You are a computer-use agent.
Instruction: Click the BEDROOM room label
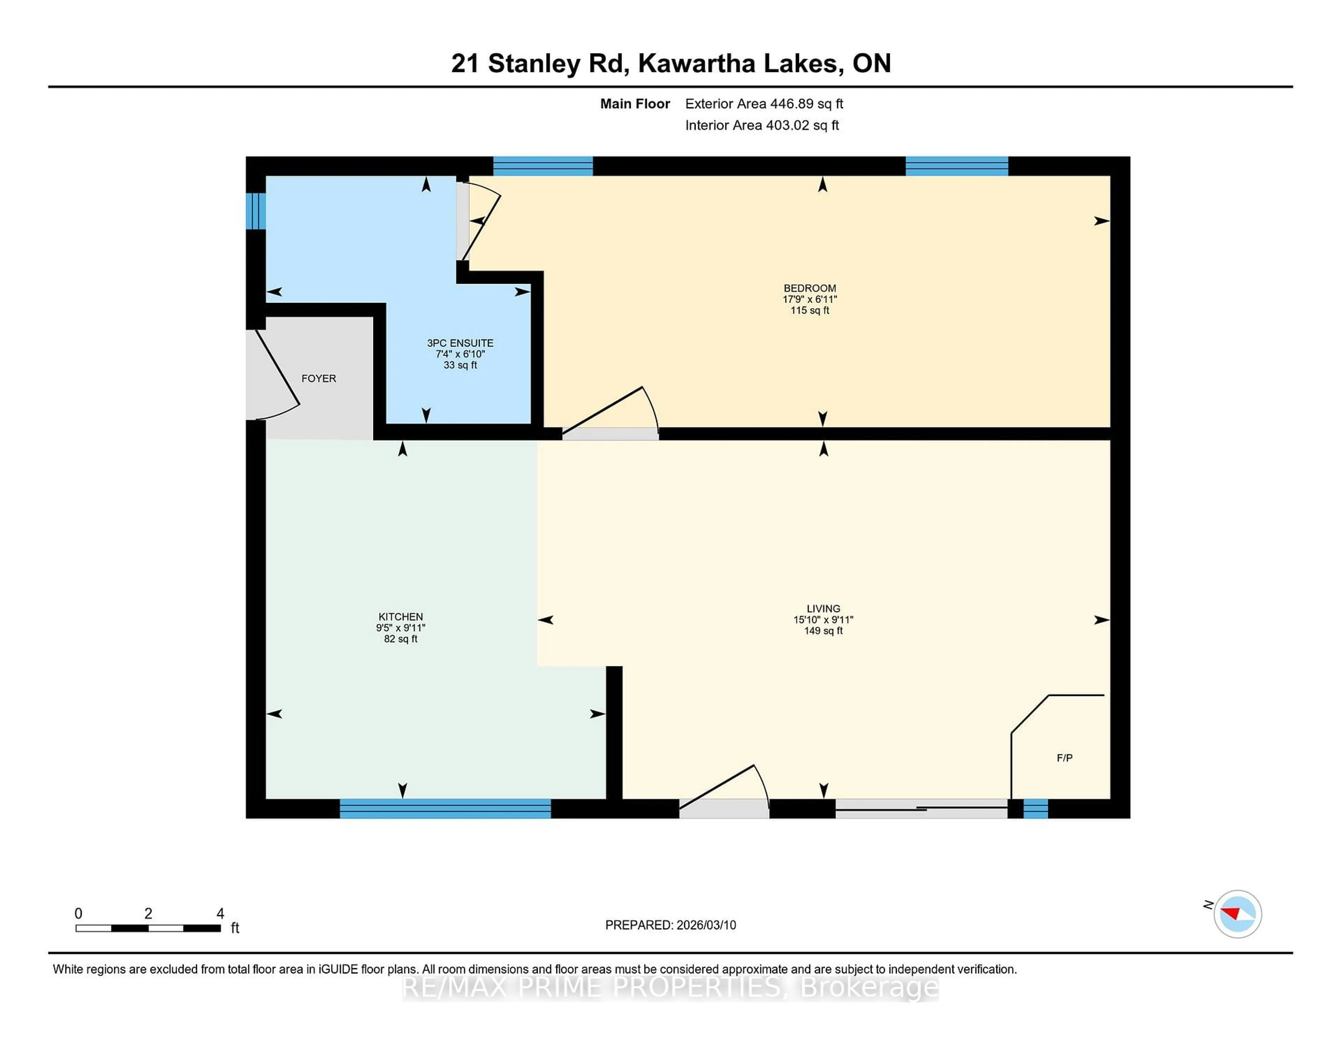[x=809, y=288]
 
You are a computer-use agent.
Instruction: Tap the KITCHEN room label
[x=400, y=617]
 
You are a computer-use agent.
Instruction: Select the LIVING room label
[x=823, y=609]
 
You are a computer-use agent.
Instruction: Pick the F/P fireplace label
[x=1064, y=758]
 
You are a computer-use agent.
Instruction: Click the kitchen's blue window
[x=445, y=808]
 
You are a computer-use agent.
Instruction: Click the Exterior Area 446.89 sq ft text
[x=764, y=104]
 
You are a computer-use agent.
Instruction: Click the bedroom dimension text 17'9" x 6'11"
[x=809, y=299]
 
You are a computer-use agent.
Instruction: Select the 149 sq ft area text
[x=823, y=631]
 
